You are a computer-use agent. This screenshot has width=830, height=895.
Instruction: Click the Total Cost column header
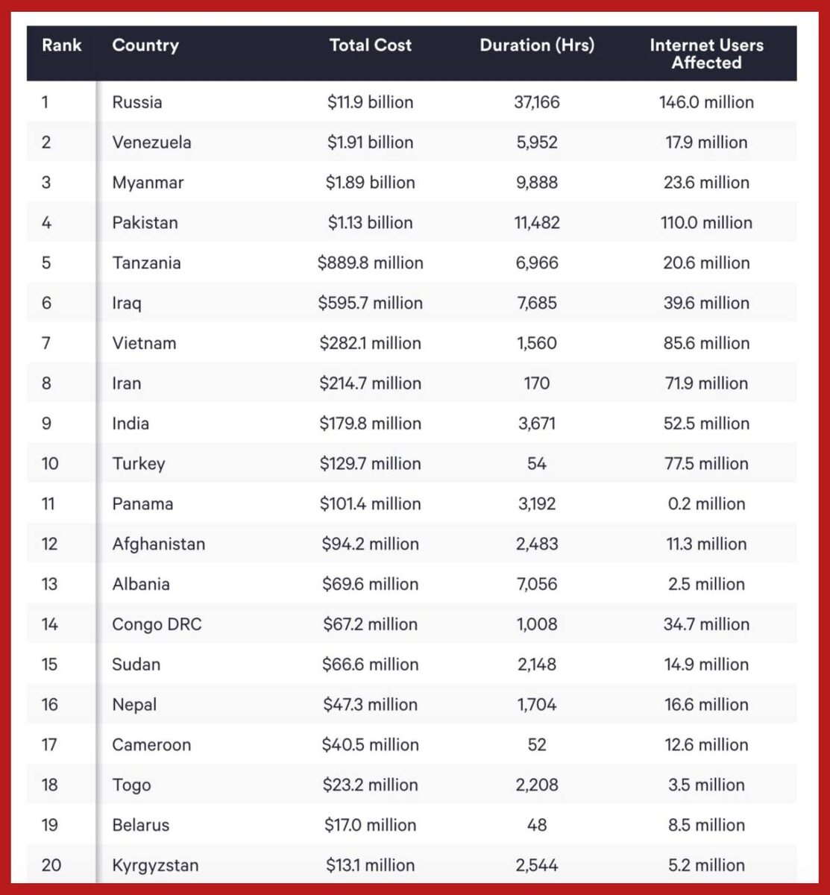click(370, 45)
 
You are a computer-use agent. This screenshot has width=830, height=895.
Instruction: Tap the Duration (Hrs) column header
click(537, 45)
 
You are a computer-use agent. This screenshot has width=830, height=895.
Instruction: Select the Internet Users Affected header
click(706, 54)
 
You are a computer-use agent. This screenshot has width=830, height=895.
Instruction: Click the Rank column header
click(61, 45)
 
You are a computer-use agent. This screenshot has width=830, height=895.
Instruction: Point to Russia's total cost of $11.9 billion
click(370, 102)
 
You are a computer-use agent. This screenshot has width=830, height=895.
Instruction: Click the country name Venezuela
click(151, 142)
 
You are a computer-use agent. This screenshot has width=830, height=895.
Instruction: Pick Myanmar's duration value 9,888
click(537, 183)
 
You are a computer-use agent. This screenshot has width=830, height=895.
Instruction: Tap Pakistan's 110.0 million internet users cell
click(706, 223)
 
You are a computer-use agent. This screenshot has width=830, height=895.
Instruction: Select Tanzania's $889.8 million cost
click(370, 263)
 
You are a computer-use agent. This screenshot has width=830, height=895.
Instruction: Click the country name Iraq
click(127, 304)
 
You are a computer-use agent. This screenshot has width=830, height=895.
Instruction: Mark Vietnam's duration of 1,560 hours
click(537, 344)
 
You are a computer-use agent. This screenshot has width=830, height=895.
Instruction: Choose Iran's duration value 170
click(537, 384)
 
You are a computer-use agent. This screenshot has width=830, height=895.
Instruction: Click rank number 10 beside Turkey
click(50, 464)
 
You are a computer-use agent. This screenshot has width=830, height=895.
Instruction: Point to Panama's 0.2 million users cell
click(706, 504)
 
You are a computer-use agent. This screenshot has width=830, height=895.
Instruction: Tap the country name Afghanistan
click(158, 544)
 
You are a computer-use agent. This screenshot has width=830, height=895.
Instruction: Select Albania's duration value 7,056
click(537, 585)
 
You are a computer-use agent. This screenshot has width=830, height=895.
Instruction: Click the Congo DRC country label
click(157, 625)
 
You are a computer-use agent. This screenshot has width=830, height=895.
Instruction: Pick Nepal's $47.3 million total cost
click(370, 705)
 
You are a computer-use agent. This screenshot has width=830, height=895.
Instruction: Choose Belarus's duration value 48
click(537, 826)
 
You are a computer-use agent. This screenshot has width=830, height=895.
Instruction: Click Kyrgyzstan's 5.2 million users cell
click(706, 866)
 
